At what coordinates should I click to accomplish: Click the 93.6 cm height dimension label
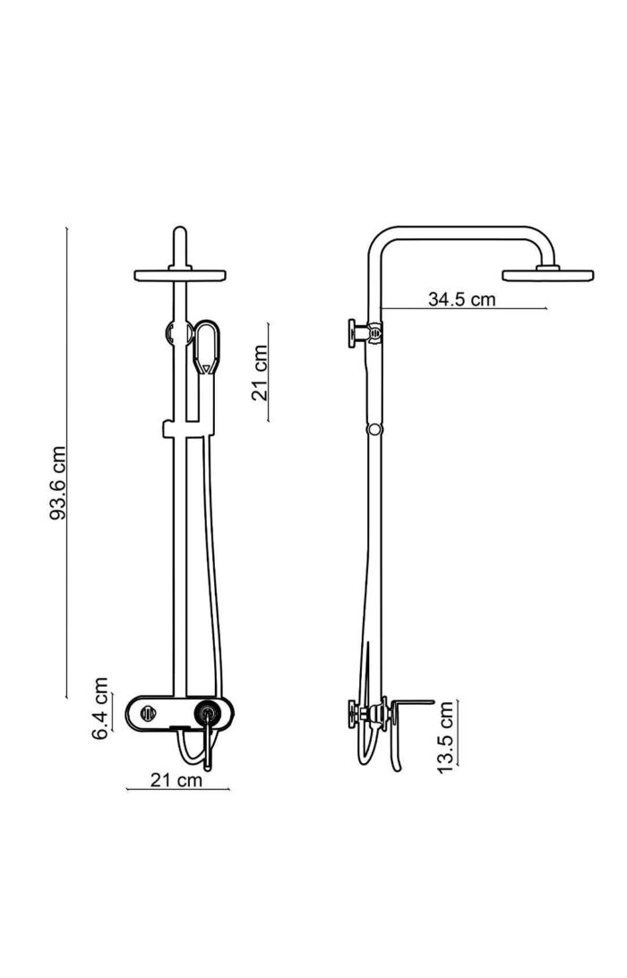57,483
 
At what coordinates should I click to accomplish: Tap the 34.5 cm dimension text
461,299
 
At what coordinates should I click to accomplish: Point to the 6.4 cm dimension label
100,708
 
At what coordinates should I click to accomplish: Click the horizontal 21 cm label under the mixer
176,780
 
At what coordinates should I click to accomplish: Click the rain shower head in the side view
549,274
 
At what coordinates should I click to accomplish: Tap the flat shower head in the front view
179,275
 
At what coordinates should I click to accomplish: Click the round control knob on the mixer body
209,714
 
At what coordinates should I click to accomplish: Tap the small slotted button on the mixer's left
148,714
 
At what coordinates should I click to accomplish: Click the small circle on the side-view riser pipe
374,429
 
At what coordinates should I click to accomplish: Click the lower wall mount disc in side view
356,714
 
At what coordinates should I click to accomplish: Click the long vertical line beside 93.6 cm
68,462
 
